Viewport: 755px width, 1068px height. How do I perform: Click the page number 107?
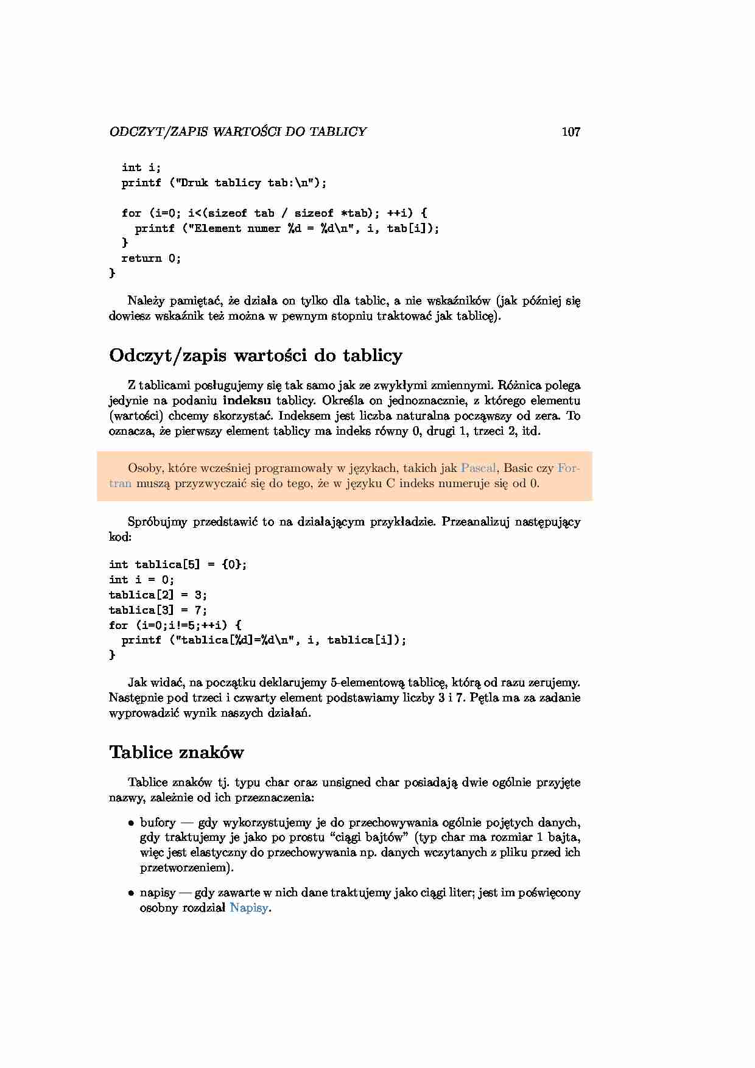click(x=571, y=132)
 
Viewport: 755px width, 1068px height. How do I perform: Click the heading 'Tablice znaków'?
click(x=177, y=753)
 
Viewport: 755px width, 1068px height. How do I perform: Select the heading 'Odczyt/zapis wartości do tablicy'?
click(x=256, y=356)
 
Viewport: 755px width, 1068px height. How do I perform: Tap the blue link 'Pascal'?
click(x=479, y=468)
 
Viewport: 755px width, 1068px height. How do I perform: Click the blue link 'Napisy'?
click(x=249, y=908)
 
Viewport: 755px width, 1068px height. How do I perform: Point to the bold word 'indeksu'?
click(x=247, y=401)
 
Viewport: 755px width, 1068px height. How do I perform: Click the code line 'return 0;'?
click(x=151, y=258)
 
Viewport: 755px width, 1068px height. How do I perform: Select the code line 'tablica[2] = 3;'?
click(x=158, y=595)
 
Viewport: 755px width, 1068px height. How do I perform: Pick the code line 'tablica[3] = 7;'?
click(x=158, y=610)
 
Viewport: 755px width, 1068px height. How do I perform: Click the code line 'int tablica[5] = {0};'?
click(x=178, y=564)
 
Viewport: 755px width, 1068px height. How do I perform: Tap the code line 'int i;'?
click(x=141, y=167)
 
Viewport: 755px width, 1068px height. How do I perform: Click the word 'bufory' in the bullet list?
click(x=158, y=823)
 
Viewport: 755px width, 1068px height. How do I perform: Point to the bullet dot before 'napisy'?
click(x=131, y=893)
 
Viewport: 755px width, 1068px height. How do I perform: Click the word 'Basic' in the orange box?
click(x=518, y=468)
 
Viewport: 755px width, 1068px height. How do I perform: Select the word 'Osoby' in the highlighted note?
click(x=144, y=468)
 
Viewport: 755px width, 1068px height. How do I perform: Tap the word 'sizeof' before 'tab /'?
click(x=228, y=213)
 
